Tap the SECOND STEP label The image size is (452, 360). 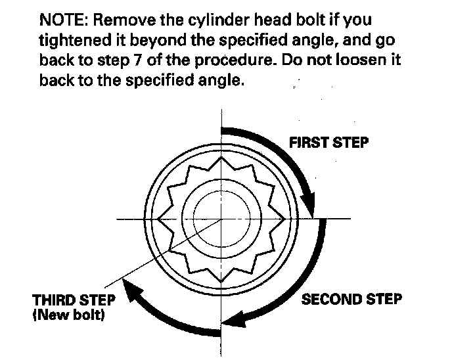351,300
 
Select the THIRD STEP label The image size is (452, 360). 74,300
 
